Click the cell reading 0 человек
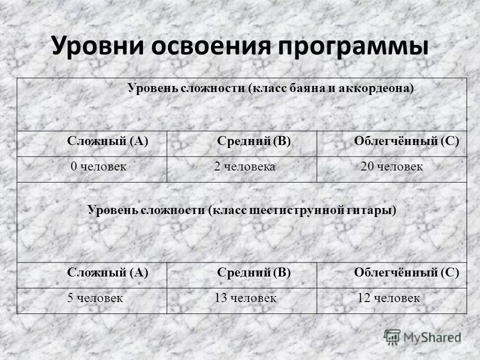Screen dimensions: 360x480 point(98,167)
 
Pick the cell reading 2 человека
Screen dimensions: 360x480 point(244,167)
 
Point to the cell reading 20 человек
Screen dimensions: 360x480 point(391,167)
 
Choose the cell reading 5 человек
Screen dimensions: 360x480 point(95,298)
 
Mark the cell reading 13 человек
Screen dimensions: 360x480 point(245,298)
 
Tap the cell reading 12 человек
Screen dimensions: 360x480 point(389,298)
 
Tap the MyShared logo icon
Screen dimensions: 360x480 point(392,336)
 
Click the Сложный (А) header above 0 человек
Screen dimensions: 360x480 point(108,141)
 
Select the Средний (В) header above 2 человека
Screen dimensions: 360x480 point(254,141)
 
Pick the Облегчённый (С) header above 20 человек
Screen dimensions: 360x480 point(406,141)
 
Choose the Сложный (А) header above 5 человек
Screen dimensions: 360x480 point(108,272)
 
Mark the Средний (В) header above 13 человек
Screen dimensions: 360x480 point(254,272)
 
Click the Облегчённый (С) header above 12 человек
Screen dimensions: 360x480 point(406,272)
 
